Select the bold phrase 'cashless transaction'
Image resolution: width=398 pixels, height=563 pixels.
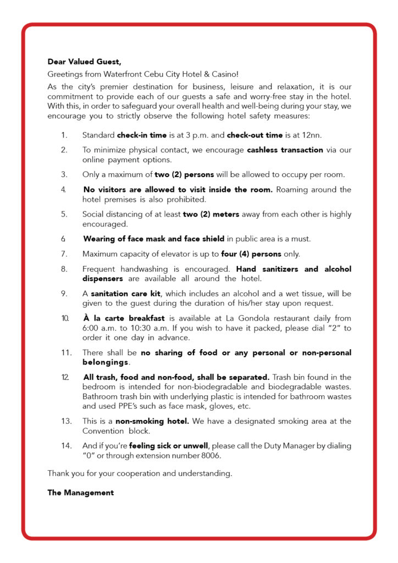285,150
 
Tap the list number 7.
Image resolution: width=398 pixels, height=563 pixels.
64,254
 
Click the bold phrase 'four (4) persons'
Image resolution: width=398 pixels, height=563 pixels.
251,254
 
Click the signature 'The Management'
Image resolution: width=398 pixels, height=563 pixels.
80,493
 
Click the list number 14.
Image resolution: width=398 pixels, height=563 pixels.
66,445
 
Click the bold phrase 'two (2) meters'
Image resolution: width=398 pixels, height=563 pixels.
211,214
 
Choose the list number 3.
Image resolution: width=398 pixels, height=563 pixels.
64,175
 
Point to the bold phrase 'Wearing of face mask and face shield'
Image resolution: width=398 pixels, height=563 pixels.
153,239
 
